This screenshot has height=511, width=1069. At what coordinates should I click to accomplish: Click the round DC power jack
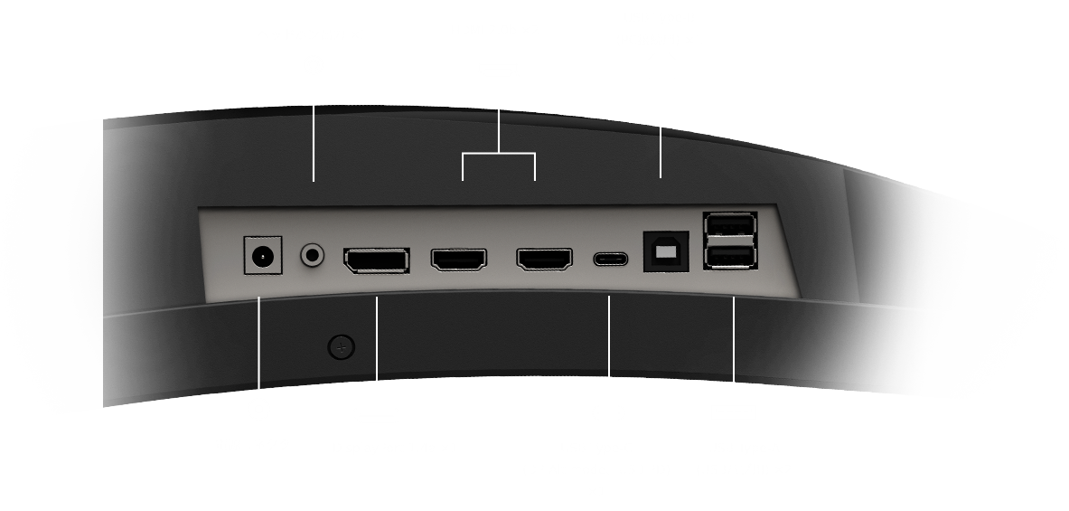263,256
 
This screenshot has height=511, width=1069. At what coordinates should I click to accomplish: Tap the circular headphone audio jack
313,255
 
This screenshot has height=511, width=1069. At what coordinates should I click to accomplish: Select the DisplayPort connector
376,260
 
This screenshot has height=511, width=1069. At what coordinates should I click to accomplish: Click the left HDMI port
459,260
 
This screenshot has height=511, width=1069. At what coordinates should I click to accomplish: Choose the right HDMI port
544,260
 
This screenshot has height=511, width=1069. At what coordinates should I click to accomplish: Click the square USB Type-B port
665,252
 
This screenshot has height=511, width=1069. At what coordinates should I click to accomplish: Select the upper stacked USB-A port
730,226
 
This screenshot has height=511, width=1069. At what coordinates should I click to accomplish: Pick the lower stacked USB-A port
730,257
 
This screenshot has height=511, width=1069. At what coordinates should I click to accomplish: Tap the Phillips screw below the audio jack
341,345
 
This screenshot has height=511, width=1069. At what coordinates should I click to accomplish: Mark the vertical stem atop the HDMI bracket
499,132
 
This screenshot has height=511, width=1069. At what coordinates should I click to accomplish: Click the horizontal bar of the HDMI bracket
499,155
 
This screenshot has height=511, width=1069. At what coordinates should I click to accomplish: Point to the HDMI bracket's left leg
463,167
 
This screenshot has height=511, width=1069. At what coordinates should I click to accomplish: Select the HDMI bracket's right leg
535,167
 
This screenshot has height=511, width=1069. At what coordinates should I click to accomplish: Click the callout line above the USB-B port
661,152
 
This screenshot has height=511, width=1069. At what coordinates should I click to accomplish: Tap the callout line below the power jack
259,343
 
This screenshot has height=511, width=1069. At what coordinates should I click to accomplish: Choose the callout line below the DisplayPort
377,338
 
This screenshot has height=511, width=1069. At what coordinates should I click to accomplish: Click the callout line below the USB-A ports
734,340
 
